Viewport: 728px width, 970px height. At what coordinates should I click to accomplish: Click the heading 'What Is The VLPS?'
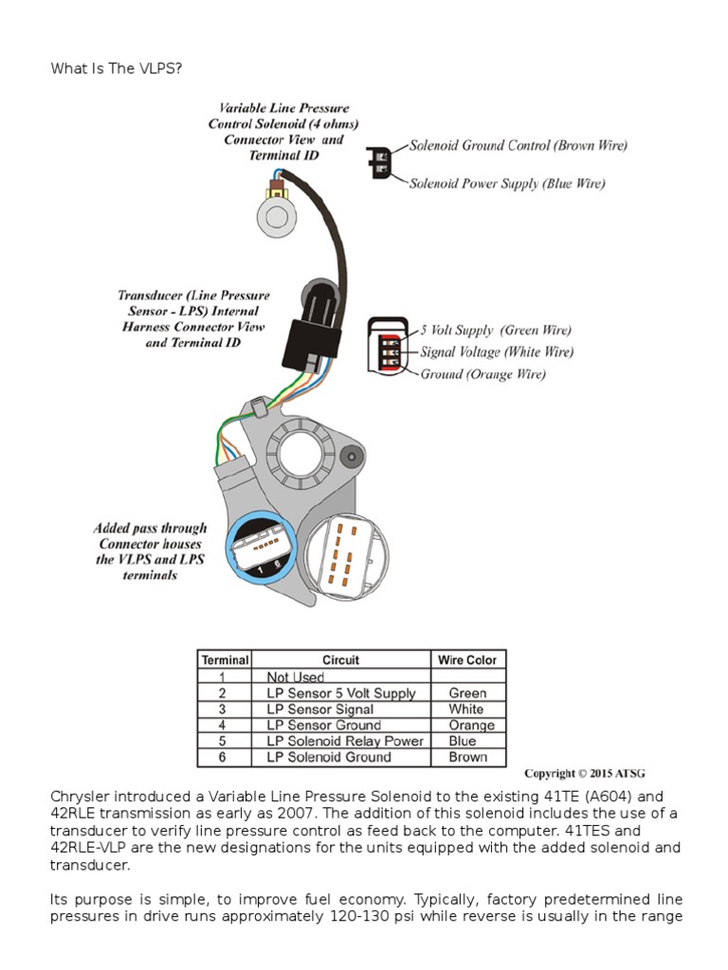[x=116, y=69]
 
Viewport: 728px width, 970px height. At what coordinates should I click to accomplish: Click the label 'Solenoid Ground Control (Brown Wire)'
[x=518, y=146]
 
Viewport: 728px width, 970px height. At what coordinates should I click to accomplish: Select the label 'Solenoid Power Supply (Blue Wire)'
[x=506, y=184]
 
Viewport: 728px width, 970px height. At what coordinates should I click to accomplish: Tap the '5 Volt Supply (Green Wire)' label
[x=497, y=331]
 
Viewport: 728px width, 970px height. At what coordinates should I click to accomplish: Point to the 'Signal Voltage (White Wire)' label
[x=497, y=352]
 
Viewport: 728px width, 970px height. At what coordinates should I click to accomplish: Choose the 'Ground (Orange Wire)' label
[x=482, y=374]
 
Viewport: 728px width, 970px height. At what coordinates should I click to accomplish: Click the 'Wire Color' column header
[x=466, y=660]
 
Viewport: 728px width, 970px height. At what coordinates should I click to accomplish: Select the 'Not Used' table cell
[x=295, y=677]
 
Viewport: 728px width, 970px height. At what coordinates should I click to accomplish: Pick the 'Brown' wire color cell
[x=467, y=758]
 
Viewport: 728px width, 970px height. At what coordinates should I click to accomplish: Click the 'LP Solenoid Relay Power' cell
[x=345, y=742]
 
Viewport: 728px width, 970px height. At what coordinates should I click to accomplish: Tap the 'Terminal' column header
[x=224, y=660]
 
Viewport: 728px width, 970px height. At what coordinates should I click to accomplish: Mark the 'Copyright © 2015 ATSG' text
[x=585, y=774]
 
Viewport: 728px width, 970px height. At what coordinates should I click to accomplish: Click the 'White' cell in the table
[x=466, y=710]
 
